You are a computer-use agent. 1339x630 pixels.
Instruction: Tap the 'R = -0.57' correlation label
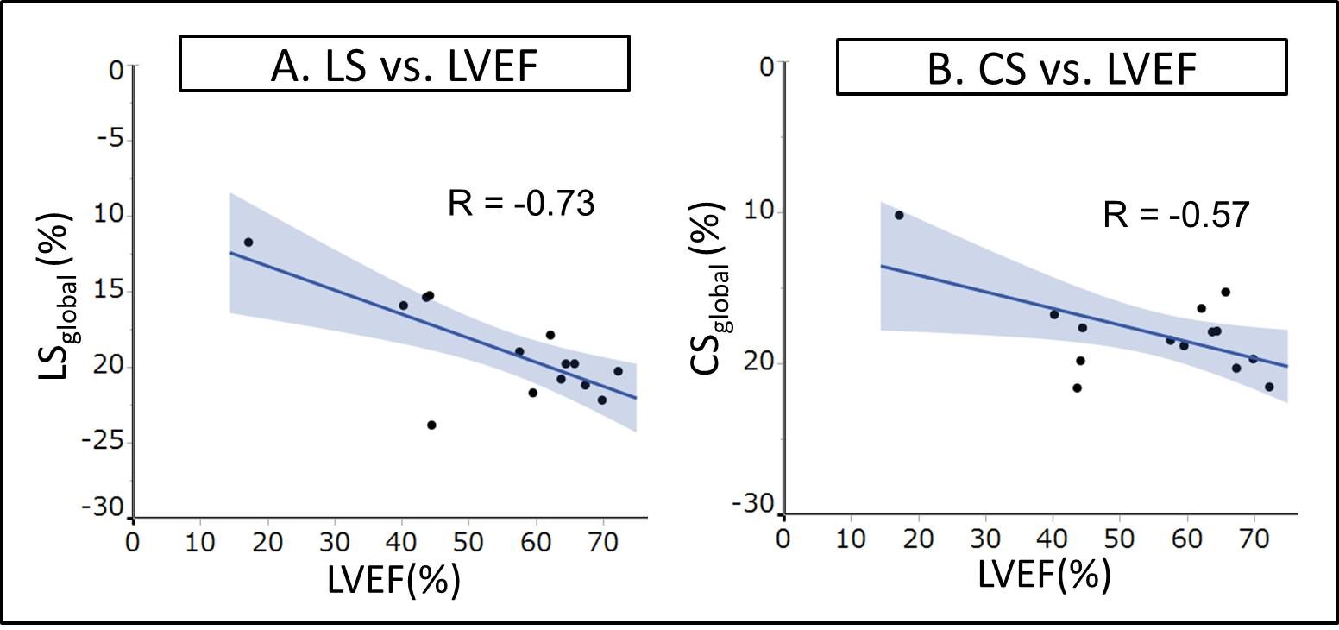tap(1176, 214)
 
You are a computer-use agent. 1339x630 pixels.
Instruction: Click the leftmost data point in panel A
tap(248, 243)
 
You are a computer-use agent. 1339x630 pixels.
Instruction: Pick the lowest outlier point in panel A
tap(431, 425)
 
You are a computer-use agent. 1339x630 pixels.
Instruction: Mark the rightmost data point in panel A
tap(618, 371)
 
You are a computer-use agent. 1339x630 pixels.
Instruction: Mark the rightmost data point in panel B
tap(1268, 387)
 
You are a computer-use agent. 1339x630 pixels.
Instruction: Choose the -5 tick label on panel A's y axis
tap(110, 140)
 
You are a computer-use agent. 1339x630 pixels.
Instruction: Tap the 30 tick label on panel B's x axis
tap(984, 538)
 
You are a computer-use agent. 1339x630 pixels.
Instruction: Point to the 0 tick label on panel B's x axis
tap(783, 538)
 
